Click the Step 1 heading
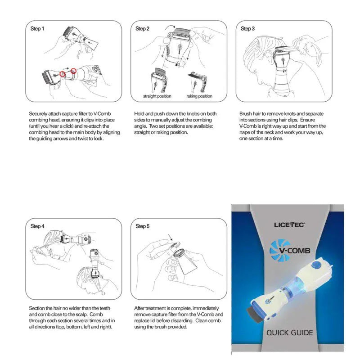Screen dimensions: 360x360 [x=37, y=29]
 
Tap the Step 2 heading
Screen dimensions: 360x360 [x=143, y=29]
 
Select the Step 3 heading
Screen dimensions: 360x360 [x=247, y=29]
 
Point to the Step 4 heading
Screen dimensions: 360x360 [x=37, y=226]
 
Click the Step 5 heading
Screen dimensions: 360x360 [x=143, y=226]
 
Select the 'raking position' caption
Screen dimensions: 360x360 [x=199, y=96]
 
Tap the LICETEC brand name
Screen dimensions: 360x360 [x=289, y=224]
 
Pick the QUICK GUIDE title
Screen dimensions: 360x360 [x=289, y=333]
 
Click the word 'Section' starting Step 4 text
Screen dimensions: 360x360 [x=38, y=308]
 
